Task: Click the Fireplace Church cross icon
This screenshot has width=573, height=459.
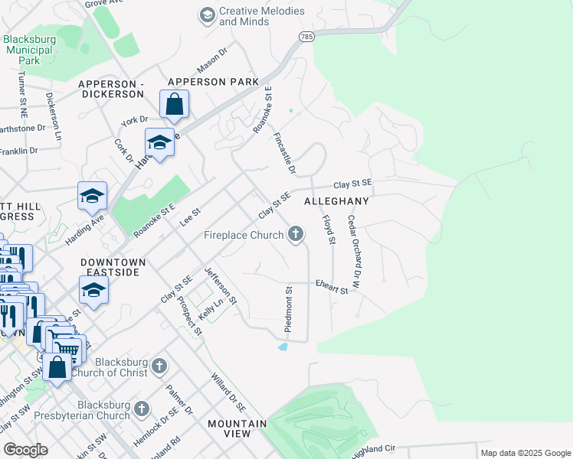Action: [x=296, y=236]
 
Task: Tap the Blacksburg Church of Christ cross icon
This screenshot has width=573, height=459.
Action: [x=159, y=365]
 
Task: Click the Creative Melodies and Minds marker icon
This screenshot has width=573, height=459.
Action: [x=206, y=15]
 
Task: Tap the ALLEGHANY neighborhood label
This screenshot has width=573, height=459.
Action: [x=336, y=201]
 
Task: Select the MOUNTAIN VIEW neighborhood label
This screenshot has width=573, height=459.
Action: [x=237, y=428]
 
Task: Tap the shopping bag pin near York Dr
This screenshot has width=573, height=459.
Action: [x=174, y=104]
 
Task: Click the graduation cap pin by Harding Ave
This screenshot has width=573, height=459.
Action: [x=92, y=197]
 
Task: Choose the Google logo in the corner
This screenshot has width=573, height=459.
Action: [x=26, y=450]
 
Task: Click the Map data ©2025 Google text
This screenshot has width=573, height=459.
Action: [x=525, y=453]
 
